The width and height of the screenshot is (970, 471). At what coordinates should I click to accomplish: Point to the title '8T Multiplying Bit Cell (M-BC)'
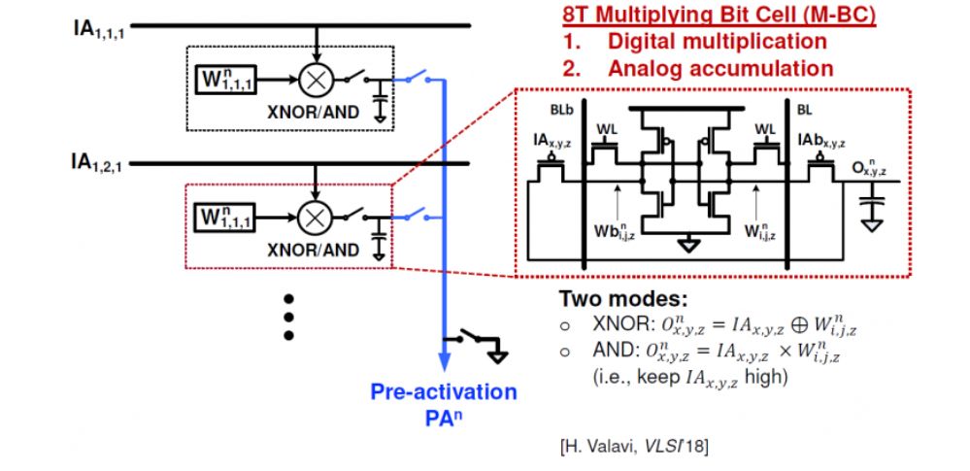(704, 17)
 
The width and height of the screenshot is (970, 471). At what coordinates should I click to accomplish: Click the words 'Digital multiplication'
(717, 42)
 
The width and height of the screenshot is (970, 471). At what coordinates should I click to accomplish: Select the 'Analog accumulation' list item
(720, 68)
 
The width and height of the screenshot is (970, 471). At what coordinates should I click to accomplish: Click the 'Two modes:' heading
(611, 300)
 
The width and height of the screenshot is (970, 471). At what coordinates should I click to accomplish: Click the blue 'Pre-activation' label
(444, 392)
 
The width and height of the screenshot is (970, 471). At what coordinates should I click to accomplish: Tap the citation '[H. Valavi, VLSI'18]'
(635, 446)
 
